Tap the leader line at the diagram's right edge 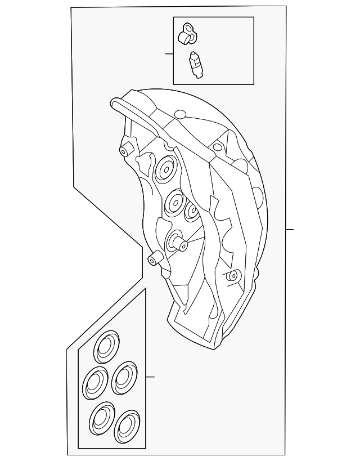pos(290,229)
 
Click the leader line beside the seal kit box pos(150,377)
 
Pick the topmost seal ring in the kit pos(106,346)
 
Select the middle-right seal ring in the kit pos(124,378)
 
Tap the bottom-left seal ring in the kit pos(102,418)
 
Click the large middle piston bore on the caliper pos(175,200)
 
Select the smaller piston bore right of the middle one pos(192,211)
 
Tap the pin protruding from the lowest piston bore pos(182,244)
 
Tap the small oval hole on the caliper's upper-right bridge pos(217,147)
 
